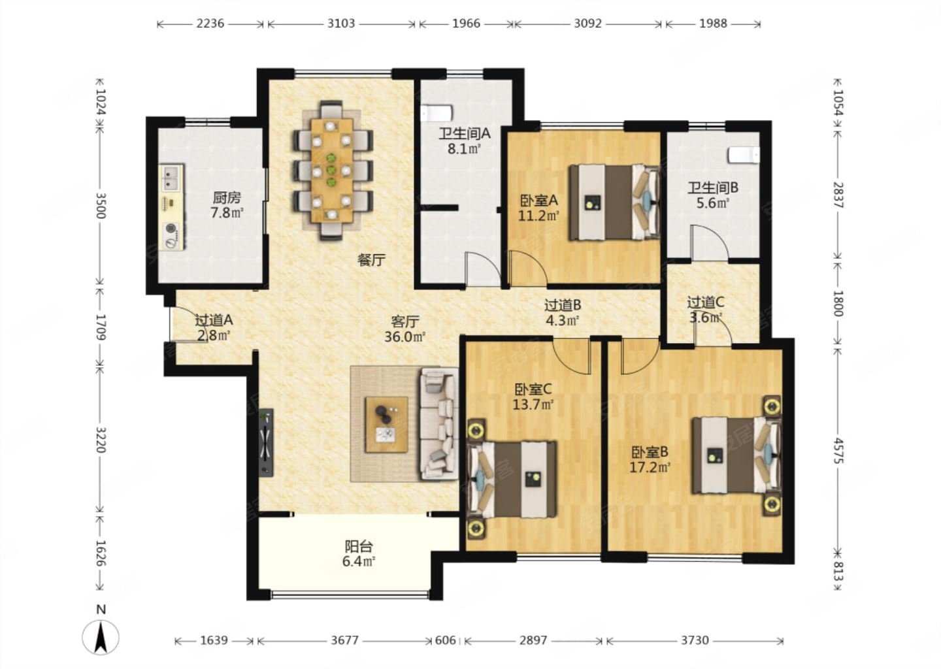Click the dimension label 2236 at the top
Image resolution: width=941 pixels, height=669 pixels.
tap(210, 24)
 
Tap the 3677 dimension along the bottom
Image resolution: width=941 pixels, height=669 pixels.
tap(344, 640)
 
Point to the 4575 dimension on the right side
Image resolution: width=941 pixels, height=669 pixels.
tap(838, 451)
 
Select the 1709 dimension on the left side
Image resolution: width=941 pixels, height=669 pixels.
tap(101, 327)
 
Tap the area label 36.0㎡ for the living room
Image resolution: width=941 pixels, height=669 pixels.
tap(405, 337)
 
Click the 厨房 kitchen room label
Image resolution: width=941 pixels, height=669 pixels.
tap(226, 197)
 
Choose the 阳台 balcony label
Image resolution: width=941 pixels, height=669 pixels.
tap(359, 546)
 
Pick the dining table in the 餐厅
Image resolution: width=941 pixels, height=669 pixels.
tap(332, 170)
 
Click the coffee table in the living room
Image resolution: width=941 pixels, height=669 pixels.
tap(386, 425)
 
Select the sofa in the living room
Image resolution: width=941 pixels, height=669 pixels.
tap(439, 423)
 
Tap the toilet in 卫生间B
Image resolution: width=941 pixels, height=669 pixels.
tap(744, 155)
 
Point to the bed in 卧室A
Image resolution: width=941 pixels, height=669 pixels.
tap(614, 203)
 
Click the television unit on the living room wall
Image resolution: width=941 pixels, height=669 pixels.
tap(267, 443)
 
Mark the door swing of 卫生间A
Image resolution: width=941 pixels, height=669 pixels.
tap(482, 269)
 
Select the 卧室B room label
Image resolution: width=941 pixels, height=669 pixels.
tap(650, 452)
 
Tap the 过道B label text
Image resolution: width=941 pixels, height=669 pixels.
tap(563, 305)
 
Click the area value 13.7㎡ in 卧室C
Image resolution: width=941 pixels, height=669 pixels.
tap(533, 404)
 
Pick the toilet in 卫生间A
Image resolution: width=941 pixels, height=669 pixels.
tap(437, 113)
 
